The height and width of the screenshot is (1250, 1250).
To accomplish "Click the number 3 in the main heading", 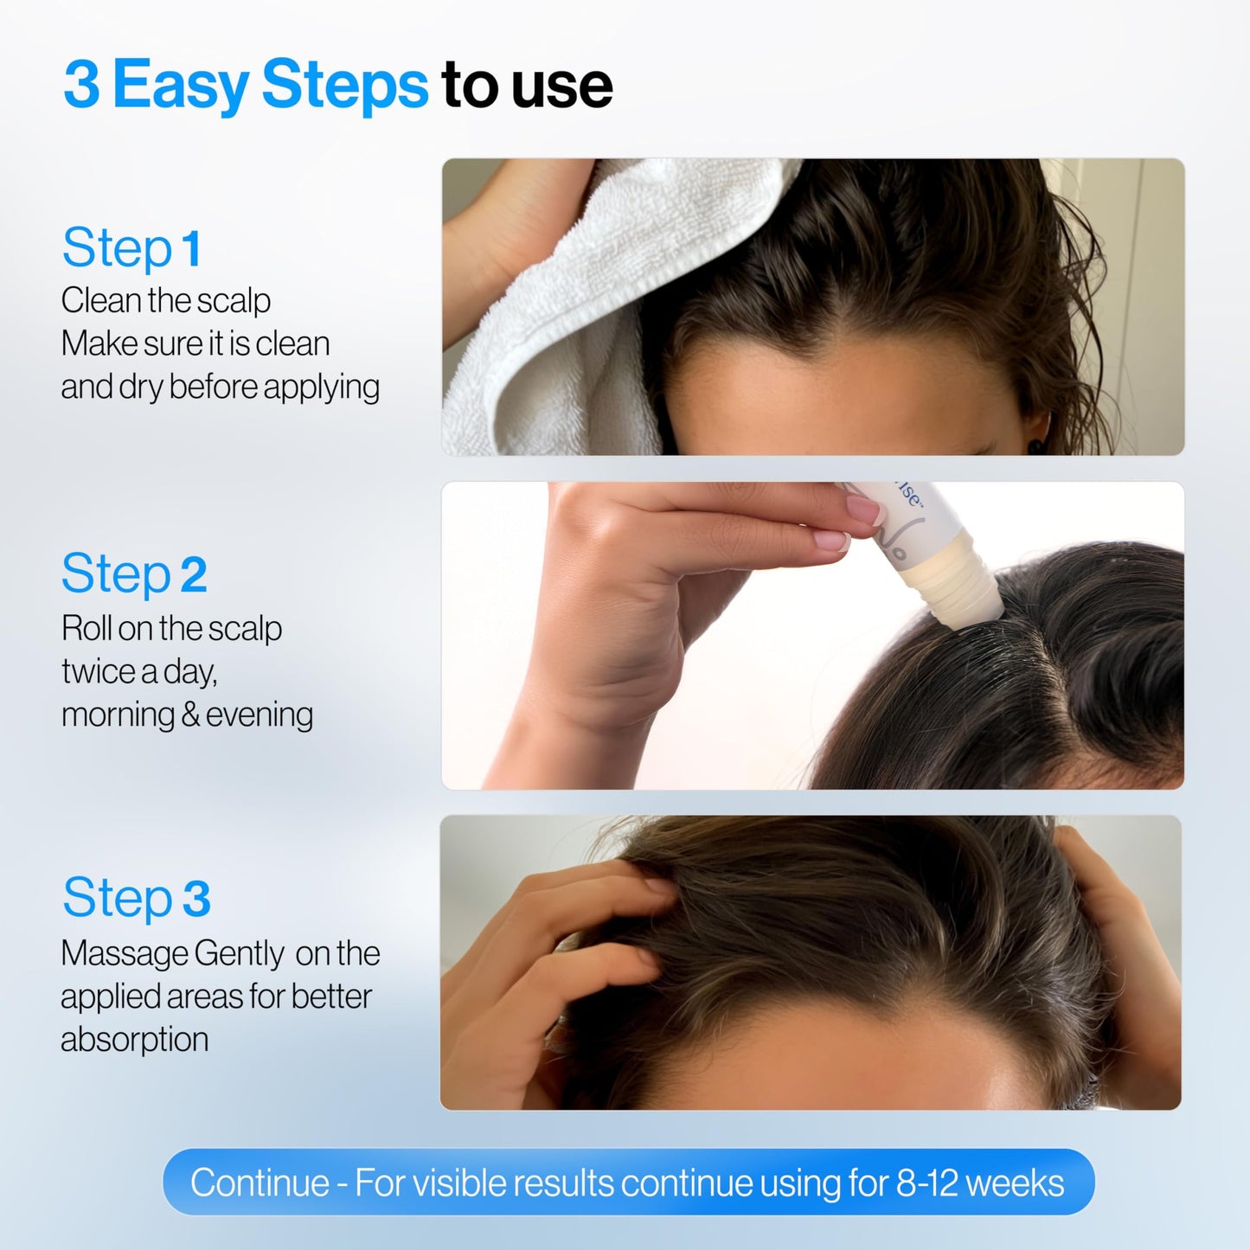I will point(81,85).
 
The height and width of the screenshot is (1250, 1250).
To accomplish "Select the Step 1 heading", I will point(131,249).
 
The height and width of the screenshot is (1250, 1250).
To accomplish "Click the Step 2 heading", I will point(134,574).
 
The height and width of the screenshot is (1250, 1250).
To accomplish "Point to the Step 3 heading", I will point(137,898).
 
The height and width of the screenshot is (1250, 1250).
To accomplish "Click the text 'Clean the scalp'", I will point(165,301).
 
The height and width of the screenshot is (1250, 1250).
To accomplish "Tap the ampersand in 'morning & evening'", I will point(190,715).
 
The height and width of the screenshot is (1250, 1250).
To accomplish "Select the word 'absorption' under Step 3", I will point(134,1040).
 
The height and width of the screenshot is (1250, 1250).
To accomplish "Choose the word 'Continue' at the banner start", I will point(260,1183).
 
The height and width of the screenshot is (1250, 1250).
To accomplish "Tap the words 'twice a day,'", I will point(139,672).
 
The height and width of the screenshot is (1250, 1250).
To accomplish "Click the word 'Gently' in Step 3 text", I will point(239,954).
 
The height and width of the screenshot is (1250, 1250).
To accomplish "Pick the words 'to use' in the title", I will point(527,85).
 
